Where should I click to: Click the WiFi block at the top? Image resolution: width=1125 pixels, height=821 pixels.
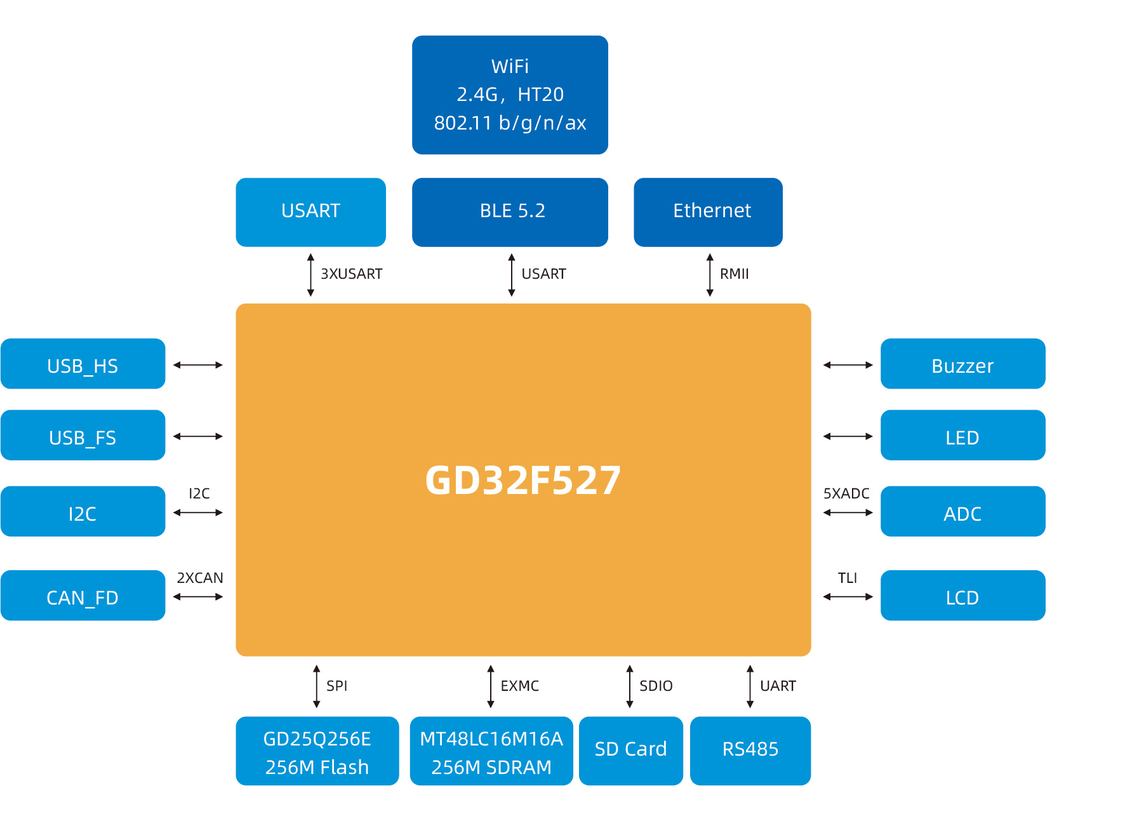[x=510, y=95]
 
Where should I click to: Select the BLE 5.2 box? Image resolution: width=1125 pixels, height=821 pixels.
[x=510, y=211]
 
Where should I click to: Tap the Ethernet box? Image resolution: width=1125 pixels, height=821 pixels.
[x=708, y=211]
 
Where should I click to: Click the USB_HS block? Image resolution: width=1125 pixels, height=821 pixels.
[x=83, y=364]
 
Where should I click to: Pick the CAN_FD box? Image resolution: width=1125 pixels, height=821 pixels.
[x=83, y=596]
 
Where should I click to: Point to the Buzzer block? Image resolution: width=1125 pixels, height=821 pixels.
[x=962, y=364]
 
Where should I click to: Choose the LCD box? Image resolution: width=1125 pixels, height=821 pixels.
[x=962, y=596]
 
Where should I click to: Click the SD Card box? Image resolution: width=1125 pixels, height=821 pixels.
[x=630, y=751]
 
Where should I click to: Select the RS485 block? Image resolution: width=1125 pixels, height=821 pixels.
[x=750, y=751]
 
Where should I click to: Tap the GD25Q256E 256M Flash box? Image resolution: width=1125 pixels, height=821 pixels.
[x=317, y=751]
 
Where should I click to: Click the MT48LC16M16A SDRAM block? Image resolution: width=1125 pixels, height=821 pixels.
[x=491, y=751]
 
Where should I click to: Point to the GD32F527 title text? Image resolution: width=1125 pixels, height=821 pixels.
[x=523, y=480]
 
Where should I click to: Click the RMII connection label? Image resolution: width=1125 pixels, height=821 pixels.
[x=734, y=274]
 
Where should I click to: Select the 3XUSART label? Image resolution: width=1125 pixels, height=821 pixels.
[x=351, y=274]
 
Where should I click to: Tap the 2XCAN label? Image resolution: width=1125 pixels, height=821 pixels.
[x=199, y=578]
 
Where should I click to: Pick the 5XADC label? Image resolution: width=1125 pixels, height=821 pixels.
[x=846, y=493]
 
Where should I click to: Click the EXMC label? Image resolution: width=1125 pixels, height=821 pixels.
[x=519, y=686]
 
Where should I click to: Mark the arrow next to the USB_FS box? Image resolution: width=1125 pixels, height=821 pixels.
[x=198, y=436]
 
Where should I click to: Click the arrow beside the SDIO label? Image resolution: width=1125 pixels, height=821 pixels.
[x=630, y=686]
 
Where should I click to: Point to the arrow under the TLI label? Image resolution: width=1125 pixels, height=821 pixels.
[x=848, y=597]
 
